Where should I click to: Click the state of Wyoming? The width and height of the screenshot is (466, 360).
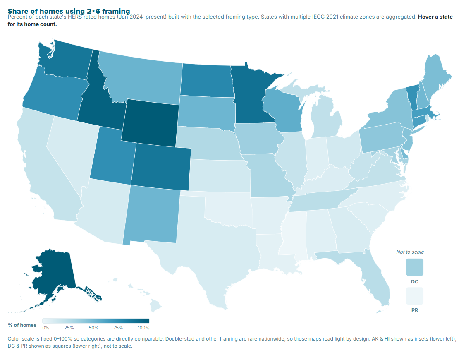[150, 122]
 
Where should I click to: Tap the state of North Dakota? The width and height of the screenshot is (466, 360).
[206, 80]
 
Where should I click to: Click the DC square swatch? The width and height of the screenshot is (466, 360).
[415, 267]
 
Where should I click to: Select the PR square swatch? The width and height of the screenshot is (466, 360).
[415, 296]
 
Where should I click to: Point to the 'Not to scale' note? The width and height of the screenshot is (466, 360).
[410, 252]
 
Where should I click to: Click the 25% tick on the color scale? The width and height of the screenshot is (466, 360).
[69, 328]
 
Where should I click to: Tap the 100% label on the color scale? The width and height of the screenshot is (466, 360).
[143, 328]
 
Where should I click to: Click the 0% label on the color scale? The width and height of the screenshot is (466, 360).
[46, 328]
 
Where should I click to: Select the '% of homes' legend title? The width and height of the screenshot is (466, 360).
[22, 325]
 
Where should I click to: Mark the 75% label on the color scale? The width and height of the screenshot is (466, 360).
[118, 328]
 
